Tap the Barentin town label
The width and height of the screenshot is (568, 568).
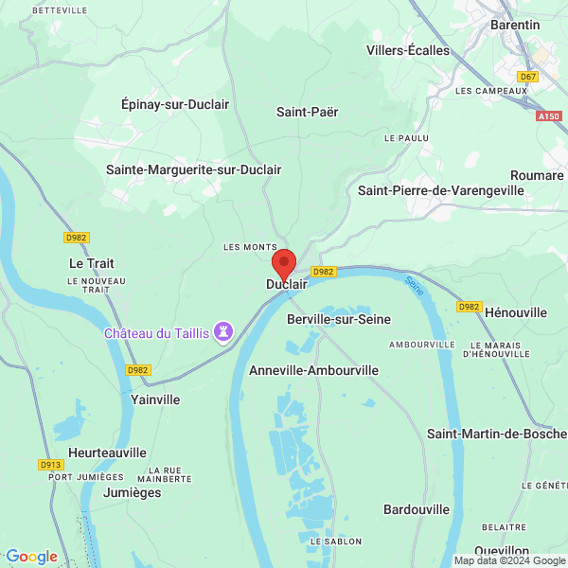515,25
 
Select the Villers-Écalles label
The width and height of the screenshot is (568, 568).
408,50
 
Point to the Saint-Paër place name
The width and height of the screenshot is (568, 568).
307,112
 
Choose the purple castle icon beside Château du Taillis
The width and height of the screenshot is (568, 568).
224,332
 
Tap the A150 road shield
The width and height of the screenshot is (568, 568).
548,115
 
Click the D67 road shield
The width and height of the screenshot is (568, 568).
528,76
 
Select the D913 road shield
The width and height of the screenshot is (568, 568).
50,465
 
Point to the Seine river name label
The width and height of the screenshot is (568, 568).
414,282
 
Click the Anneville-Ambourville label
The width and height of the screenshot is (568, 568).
313,370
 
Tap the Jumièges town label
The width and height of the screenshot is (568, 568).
105,492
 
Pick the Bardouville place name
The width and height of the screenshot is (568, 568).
417,509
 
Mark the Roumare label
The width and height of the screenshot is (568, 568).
537,175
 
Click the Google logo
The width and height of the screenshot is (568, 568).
31,557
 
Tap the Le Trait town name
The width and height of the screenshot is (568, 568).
92,262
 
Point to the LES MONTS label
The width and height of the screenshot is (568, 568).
250,247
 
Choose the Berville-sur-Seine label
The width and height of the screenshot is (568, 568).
338,319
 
